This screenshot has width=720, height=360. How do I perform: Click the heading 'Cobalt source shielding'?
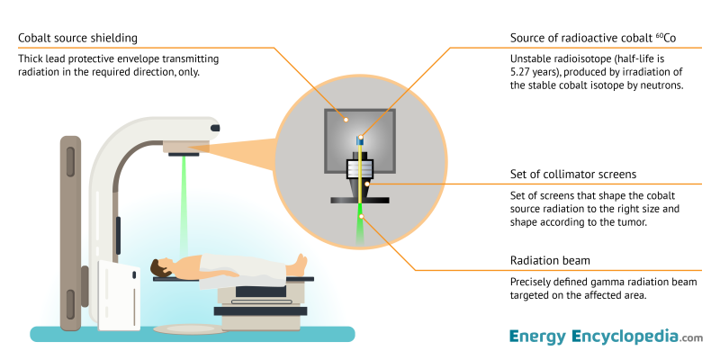[78, 38]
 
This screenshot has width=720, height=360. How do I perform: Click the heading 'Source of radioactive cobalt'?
[582, 38]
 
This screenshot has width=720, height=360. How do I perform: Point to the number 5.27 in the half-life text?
[522, 73]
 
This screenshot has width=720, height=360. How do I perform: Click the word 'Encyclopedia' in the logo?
[625, 337]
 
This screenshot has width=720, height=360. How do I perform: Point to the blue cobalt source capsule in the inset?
[360, 140]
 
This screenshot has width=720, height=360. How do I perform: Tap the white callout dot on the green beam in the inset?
[360, 217]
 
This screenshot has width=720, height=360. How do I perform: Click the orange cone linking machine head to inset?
[243, 147]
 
